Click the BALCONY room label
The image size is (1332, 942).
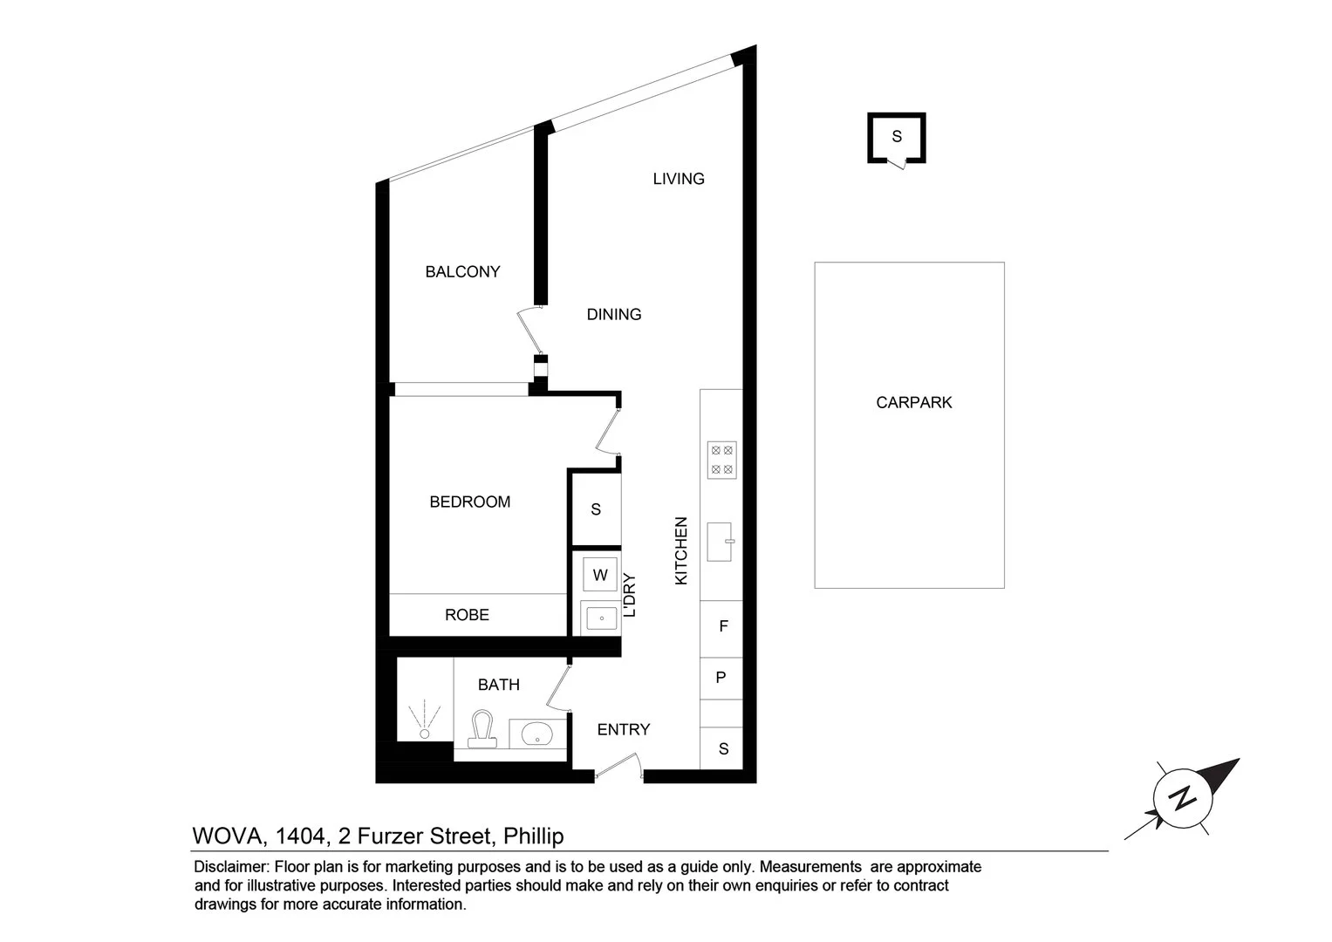462,272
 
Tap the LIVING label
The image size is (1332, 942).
679,179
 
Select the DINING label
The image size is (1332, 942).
614,315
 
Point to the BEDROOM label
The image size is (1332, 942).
469,502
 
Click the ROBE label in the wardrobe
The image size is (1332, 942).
467,615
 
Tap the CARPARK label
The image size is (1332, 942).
913,403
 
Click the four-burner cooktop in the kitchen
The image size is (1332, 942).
722,460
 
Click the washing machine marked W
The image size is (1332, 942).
600,575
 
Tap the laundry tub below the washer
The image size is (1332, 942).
600,618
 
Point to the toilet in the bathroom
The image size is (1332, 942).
482,729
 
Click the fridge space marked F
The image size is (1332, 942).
722,626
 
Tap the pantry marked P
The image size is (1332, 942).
721,677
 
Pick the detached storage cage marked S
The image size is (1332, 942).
896,137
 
